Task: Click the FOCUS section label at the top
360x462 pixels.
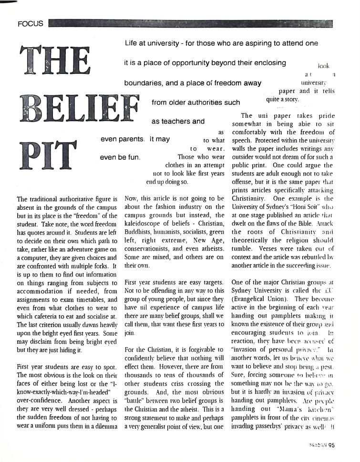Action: coord(30,23)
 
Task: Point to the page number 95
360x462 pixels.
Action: coord(332,446)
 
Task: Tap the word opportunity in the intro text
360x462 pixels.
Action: coord(186,63)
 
